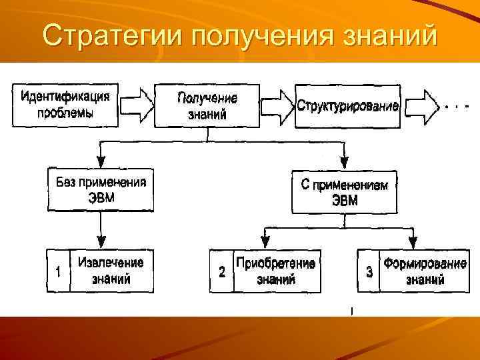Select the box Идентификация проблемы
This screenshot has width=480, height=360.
point(65,104)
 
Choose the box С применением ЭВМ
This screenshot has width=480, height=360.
point(344,192)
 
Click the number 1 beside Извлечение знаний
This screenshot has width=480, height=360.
point(59,271)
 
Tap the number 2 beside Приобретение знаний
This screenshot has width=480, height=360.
point(222,272)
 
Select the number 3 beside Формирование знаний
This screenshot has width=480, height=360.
point(369,272)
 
